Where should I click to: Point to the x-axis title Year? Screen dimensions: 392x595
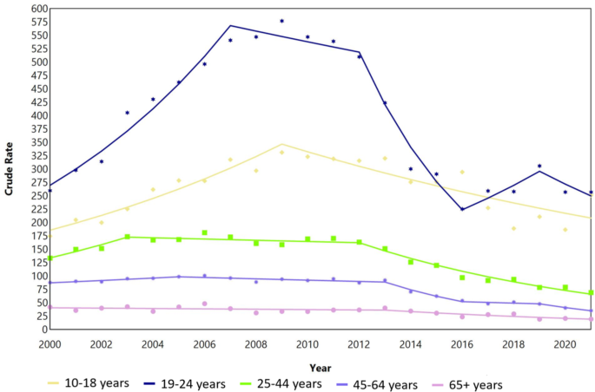[x=320, y=367]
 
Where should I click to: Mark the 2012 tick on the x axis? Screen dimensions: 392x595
[x=359, y=344]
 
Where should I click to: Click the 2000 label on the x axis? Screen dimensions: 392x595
[x=50, y=344]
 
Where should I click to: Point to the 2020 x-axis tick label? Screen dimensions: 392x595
[x=565, y=344]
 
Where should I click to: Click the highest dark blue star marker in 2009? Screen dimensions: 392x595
[x=281, y=21]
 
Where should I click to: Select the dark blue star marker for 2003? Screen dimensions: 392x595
[x=127, y=113]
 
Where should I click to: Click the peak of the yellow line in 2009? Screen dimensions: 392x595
[x=281, y=144]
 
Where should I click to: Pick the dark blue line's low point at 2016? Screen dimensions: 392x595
[x=462, y=209]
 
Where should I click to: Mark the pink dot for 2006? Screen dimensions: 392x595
[x=204, y=304]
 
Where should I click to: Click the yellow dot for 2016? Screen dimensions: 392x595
[x=462, y=172]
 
